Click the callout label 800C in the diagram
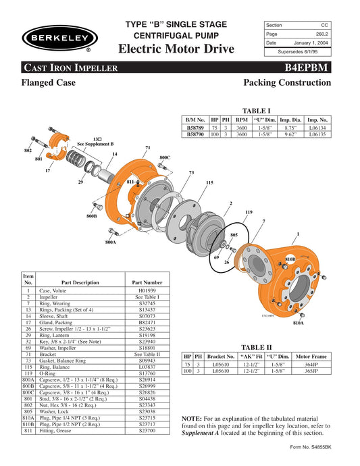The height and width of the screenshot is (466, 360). [x=165, y=157]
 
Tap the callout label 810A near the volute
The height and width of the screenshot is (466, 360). [x=298, y=323]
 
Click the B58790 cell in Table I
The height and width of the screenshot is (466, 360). [x=196, y=134]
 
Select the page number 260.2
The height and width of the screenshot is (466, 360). [x=317, y=33]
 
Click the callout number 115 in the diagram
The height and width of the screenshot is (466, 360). [x=209, y=182]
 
